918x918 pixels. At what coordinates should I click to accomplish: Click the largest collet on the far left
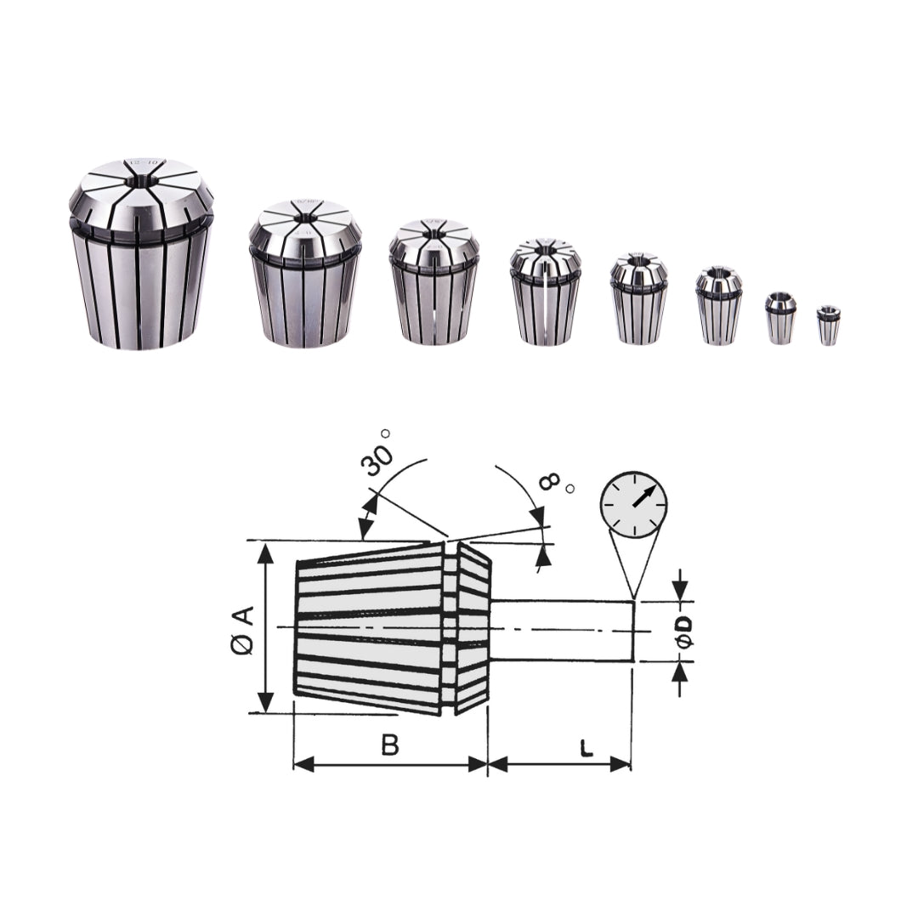[x=140, y=255]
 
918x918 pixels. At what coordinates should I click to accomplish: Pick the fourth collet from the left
[x=546, y=292]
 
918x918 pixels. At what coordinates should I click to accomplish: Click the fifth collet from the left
[x=638, y=298]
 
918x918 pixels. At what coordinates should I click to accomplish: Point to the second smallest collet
[x=780, y=318]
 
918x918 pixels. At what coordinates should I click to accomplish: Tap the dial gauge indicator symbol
[x=633, y=507]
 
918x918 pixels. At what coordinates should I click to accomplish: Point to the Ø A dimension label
[x=242, y=631]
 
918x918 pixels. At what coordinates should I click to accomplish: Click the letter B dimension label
[x=390, y=745]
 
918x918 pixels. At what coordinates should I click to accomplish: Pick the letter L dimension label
[x=585, y=748]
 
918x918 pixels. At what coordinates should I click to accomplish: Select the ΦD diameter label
[x=684, y=631]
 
